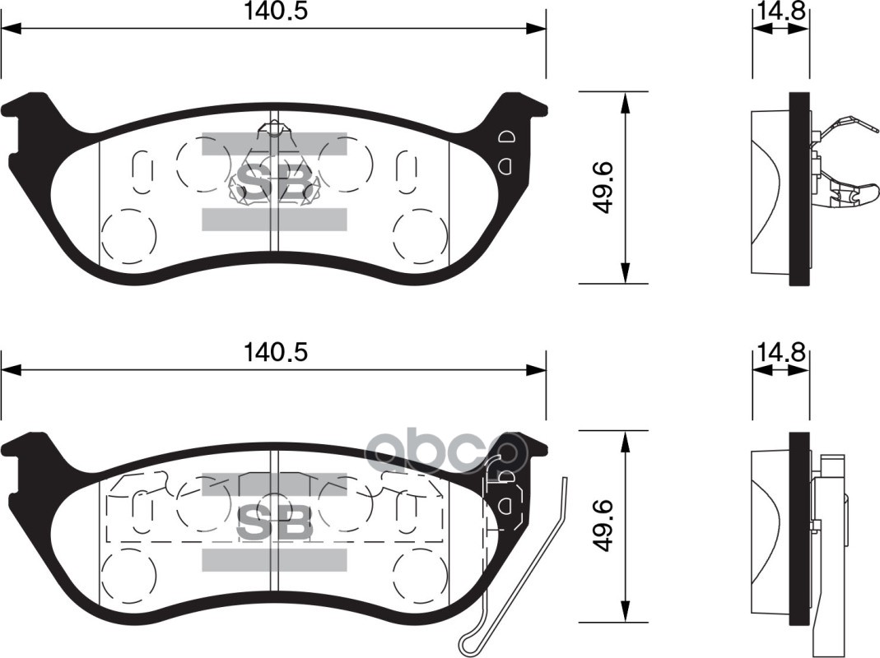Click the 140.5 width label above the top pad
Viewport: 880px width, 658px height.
point(275,12)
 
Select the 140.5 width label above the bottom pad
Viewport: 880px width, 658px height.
point(275,353)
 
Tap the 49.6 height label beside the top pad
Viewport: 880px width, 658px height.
point(605,188)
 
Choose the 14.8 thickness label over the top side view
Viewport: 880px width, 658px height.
point(780,12)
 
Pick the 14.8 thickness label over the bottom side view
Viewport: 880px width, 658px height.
point(780,353)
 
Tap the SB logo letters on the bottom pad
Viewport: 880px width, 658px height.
point(275,521)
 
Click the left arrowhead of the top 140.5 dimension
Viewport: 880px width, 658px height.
point(10,30)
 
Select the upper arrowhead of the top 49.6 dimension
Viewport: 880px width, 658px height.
point(626,100)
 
